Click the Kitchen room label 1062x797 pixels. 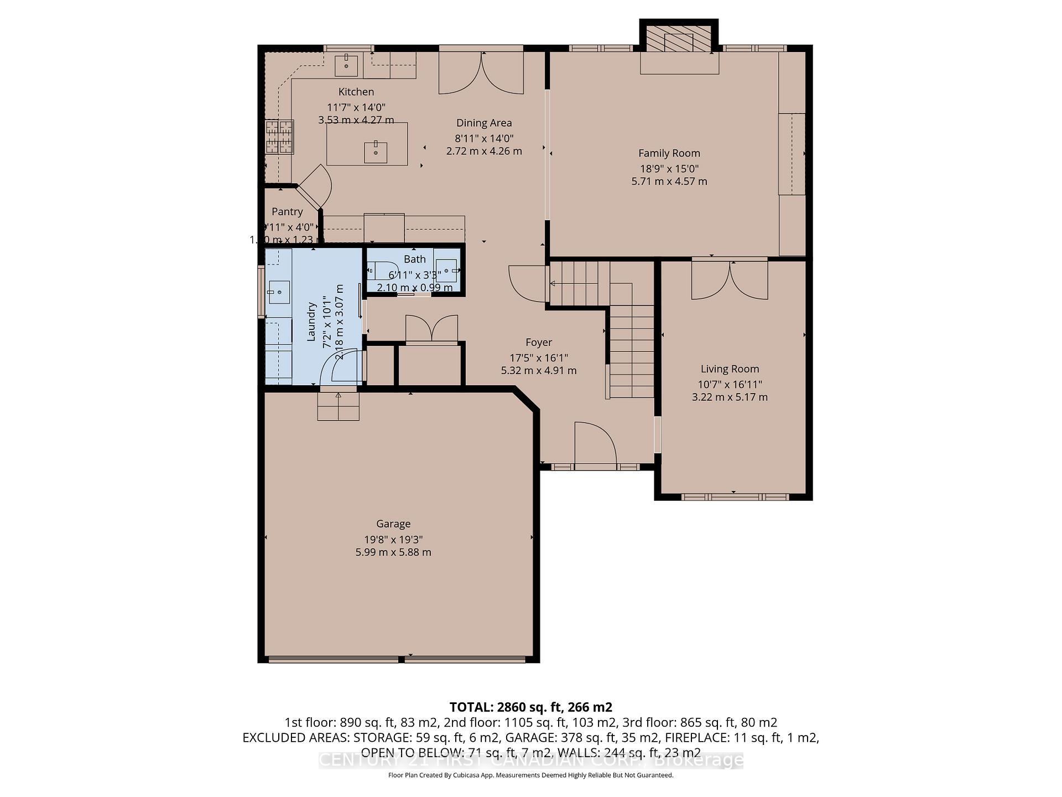pyautogui.click(x=356, y=92)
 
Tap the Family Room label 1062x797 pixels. pyautogui.click(x=669, y=153)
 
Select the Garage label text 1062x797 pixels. pyautogui.click(x=393, y=524)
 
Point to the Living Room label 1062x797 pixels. pyautogui.click(x=730, y=369)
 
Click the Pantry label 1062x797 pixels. pyautogui.click(x=287, y=211)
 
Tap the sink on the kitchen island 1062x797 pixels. pyautogui.click(x=376, y=152)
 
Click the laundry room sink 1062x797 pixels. pyautogui.click(x=279, y=292)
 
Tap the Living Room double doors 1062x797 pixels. pyautogui.click(x=730, y=280)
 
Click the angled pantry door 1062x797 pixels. pyautogui.click(x=315, y=187)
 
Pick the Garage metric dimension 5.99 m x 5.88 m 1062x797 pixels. pyautogui.click(x=393, y=552)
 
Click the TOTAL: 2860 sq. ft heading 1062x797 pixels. pyautogui.click(x=530, y=707)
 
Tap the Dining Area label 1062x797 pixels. pyautogui.click(x=483, y=123)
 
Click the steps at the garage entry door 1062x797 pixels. pyautogui.click(x=338, y=406)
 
